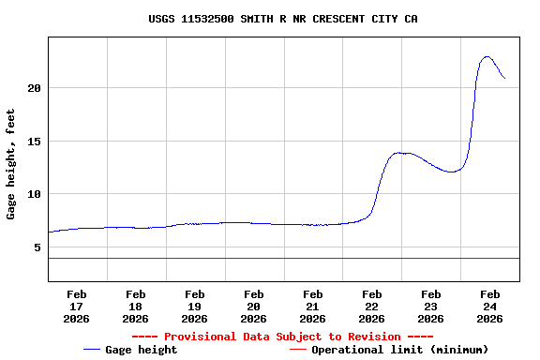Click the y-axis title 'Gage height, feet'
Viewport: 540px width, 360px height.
pos(11,164)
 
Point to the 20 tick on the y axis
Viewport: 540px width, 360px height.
pos(34,88)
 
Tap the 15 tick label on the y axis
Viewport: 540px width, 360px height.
pos(34,142)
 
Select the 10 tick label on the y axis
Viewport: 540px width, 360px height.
pos(34,194)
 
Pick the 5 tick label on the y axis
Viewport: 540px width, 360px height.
pos(37,247)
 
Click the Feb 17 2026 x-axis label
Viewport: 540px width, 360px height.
pos(77,306)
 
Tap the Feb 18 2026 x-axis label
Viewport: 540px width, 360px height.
pos(136,306)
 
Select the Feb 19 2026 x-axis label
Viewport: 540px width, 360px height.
pos(195,306)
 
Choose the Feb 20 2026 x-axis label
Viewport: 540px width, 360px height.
pos(253,306)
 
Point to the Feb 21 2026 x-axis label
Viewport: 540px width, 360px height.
pos(313,306)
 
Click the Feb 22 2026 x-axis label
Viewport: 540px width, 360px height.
pos(371,306)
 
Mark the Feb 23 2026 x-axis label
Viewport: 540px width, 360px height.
pos(431,306)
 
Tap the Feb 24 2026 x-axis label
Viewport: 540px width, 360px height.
pos(489,306)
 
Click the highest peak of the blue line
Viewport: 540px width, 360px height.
pos(487,57)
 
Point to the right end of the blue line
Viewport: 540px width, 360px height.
pos(504,78)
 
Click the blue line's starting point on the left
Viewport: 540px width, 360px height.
pos(49,232)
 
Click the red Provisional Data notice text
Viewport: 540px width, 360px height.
pos(282,337)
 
